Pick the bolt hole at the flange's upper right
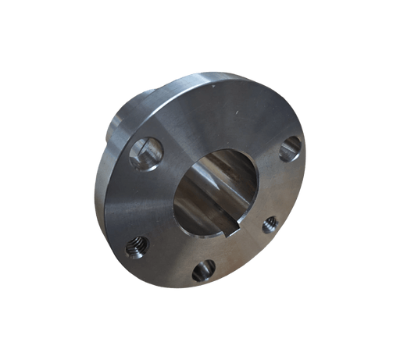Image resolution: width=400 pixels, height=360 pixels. point(290,146)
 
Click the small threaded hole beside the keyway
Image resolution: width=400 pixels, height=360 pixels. point(270,225)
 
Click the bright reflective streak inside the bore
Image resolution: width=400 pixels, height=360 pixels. point(223,168)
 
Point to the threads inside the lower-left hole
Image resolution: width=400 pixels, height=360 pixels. point(137,248)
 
